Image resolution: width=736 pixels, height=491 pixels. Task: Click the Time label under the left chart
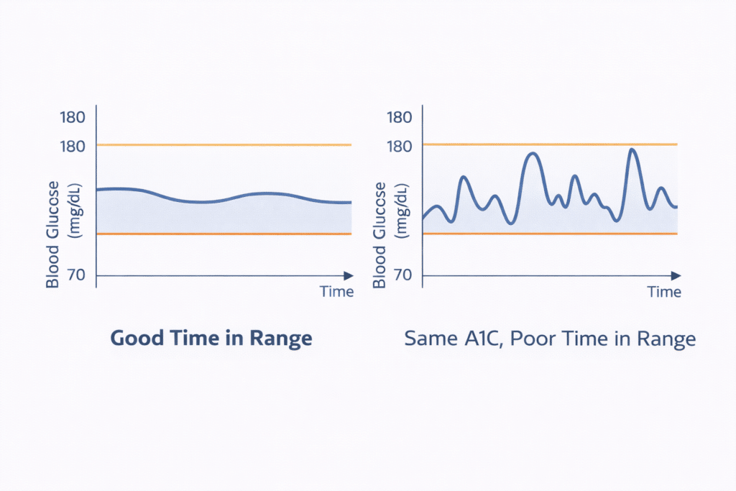(336, 292)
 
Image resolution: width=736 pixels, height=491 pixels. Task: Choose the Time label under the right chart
(663, 292)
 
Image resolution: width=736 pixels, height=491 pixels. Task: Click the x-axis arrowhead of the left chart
(348, 275)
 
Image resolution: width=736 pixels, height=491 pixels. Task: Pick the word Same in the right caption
(429, 339)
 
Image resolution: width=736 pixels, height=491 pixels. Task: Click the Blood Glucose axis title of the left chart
(52, 235)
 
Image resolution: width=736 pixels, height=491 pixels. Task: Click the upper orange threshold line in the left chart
(223, 145)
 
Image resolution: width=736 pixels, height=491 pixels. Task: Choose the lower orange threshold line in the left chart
(223, 234)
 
